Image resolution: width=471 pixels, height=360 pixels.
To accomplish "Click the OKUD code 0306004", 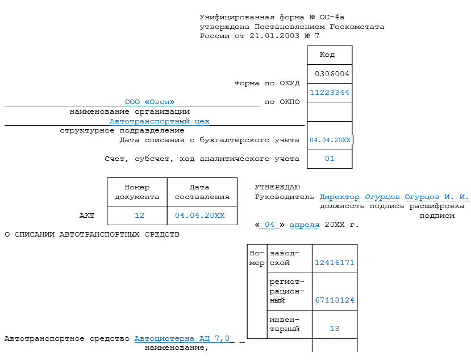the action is [332, 74].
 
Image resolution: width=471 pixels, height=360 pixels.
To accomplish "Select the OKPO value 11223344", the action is [330, 93].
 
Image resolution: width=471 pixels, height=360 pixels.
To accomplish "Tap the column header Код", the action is [327, 55].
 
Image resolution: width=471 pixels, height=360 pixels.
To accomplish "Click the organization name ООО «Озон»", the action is [150, 102].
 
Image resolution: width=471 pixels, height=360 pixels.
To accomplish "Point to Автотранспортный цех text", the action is [159, 121].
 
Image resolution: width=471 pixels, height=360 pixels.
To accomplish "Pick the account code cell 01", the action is [330, 159].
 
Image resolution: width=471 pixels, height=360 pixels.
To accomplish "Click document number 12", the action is [140, 216].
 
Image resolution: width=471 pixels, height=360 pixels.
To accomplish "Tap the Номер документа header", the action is [137, 192].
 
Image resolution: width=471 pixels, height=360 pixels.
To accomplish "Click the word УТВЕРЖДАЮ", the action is [277, 187].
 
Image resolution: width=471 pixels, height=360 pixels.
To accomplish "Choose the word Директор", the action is [339, 197].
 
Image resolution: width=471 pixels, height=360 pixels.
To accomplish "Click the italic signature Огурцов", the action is [382, 197].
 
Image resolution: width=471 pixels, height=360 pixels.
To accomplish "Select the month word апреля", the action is [305, 225].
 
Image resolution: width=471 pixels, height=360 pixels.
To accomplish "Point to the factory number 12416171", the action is [334, 263].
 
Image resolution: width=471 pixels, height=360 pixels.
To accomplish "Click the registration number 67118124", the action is [334, 300].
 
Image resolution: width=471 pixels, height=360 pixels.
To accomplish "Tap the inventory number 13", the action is [334, 329].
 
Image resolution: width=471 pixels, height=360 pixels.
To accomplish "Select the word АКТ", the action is [87, 216].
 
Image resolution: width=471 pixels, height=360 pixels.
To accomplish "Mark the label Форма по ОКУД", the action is [267, 83].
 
